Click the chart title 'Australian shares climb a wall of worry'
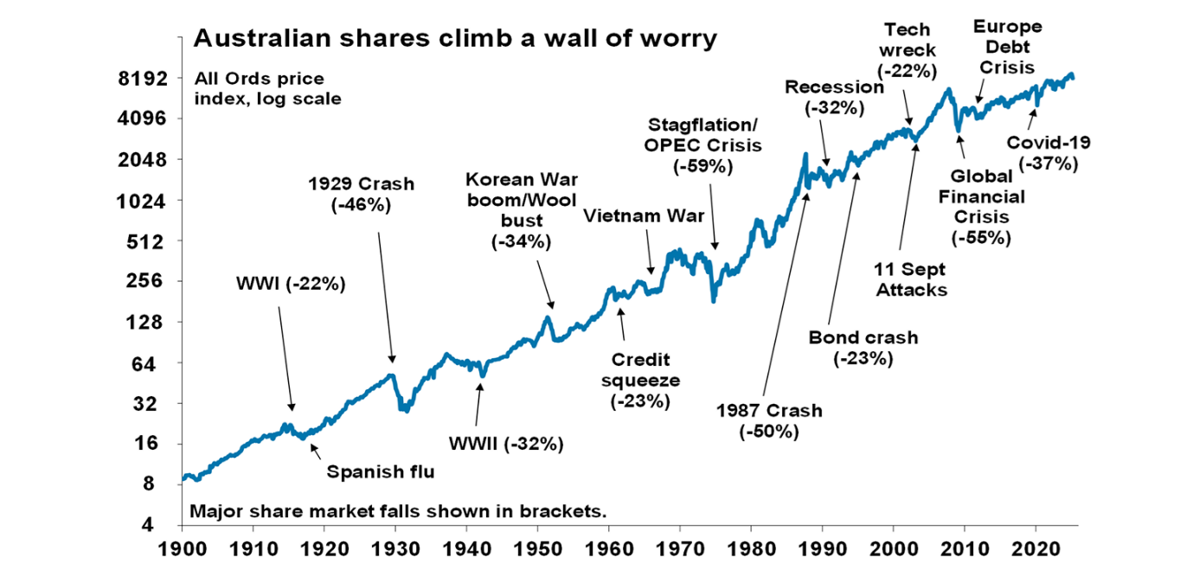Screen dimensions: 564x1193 (455, 38)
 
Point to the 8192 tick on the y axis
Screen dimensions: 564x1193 (142, 79)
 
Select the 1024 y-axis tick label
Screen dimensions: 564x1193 (142, 201)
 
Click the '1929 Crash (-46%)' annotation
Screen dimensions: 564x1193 (361, 195)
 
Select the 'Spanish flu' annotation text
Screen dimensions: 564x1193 (380, 471)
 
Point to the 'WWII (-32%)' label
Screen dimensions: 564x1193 (506, 445)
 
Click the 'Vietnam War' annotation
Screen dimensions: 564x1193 (644, 215)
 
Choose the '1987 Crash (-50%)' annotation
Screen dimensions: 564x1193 (769, 421)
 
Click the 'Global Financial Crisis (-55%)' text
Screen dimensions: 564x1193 (981, 207)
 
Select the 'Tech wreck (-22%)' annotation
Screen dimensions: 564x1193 (908, 50)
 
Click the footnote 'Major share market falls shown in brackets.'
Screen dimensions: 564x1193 (397, 510)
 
